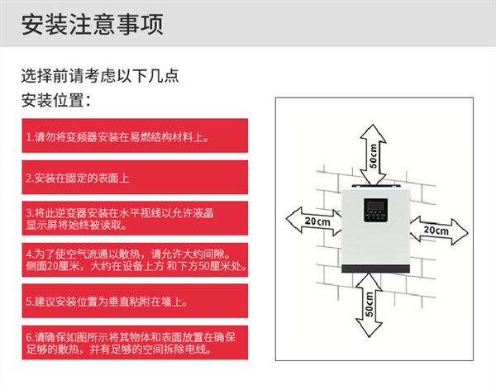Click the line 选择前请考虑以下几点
(99, 76)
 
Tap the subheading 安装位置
(55, 102)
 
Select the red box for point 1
(134, 136)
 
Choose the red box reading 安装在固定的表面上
(134, 178)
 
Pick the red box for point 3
(134, 218)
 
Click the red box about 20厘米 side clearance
(134, 260)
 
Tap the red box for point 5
(134, 302)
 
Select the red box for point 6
(134, 344)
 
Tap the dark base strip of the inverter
(374, 269)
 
